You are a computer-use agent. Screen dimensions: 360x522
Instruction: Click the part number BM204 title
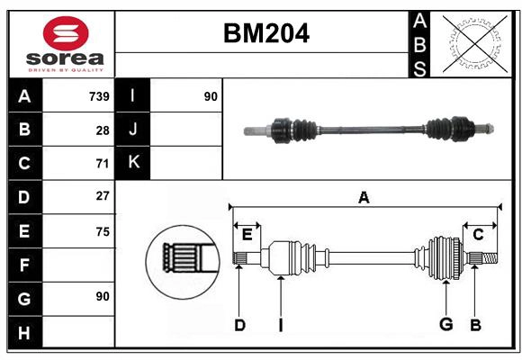pos(265,33)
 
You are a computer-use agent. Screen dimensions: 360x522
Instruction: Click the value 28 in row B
pos(102,130)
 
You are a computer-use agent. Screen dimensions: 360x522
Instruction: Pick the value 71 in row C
pos(102,164)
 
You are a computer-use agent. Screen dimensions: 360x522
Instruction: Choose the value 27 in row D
pos(102,196)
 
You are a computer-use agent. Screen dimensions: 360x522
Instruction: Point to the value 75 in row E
pos(102,231)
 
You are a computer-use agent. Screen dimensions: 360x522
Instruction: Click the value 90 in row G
pos(102,296)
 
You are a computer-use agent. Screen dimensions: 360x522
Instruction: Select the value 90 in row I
pos(211,95)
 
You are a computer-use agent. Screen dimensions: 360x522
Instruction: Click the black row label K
pos(132,163)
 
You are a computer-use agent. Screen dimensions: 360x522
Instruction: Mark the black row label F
pos(24,265)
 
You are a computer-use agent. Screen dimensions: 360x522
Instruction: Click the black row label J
pos(132,130)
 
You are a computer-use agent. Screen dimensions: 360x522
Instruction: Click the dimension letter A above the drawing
pos(364,197)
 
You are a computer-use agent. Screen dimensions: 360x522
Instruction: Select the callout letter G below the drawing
pos(445,325)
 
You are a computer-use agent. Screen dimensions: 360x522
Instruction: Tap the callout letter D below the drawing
pos(239,325)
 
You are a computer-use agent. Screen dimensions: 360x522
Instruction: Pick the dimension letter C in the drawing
pos(479,234)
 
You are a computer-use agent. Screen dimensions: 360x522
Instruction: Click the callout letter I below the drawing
pos(280,325)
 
